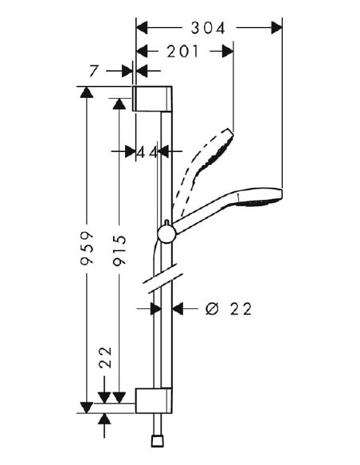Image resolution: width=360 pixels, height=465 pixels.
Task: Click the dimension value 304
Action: pyautogui.click(x=209, y=28)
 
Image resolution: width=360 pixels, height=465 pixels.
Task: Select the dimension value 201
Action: pyautogui.click(x=183, y=52)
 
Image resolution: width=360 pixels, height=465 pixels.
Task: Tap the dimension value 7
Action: pyautogui.click(x=95, y=72)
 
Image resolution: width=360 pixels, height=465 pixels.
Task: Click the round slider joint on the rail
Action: pyautogui.click(x=166, y=232)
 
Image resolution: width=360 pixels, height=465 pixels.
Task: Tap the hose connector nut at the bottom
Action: pyautogui.click(x=155, y=440)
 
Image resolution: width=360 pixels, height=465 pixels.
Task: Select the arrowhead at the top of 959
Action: pyautogui.click(x=87, y=92)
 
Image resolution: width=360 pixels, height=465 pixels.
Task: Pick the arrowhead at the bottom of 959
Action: pyautogui.click(x=87, y=408)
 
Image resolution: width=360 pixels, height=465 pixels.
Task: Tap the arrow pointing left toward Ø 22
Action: pyautogui.click(x=178, y=309)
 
